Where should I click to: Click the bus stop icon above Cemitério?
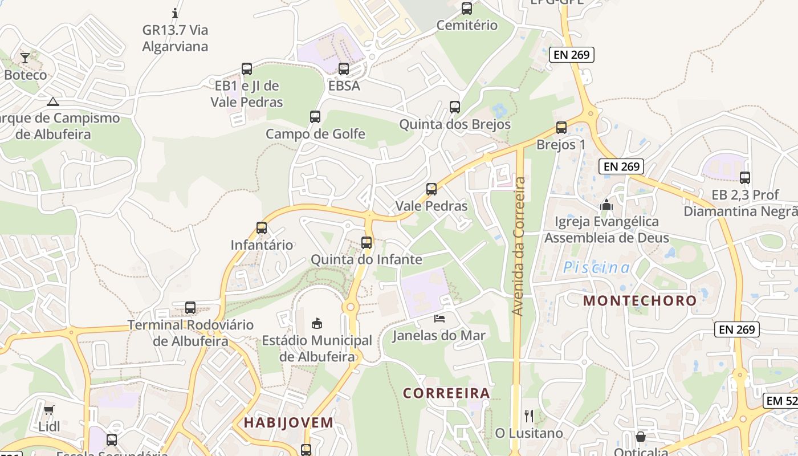(467, 9)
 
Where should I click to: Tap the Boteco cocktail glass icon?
(25, 58)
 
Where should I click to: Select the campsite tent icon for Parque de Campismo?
(53, 102)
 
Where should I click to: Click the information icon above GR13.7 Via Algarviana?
(175, 13)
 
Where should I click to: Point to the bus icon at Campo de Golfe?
(315, 117)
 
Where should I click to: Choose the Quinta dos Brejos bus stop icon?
(455, 107)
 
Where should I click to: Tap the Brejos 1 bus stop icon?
(561, 128)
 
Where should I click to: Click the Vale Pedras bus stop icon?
(431, 189)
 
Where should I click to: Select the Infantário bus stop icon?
(262, 228)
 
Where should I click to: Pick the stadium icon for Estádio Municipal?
(317, 324)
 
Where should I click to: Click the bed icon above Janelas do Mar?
(439, 318)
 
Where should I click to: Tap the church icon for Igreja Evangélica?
(606, 204)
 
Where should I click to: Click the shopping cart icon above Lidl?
(49, 410)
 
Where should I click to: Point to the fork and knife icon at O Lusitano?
(529, 416)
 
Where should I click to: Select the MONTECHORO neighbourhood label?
(640, 300)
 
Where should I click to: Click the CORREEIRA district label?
(446, 393)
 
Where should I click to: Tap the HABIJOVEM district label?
(288, 422)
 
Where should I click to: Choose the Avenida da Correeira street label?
(518, 246)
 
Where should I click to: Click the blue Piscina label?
(597, 267)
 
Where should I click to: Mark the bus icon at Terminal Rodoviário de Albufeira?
(190, 308)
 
